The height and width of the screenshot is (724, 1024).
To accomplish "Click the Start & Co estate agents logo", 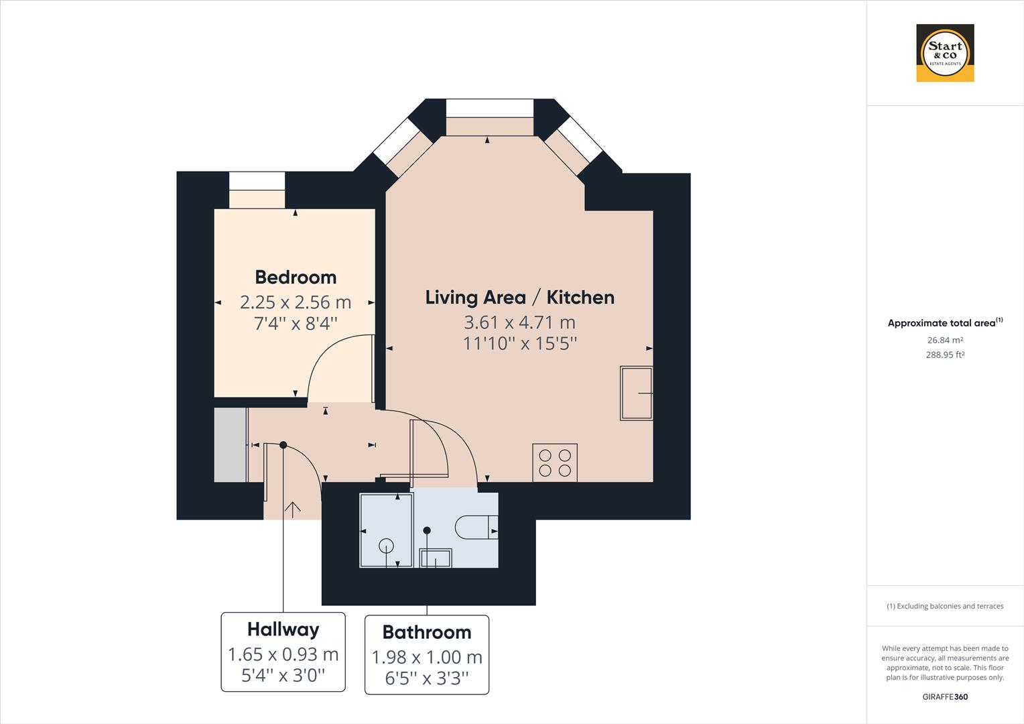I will (945, 53).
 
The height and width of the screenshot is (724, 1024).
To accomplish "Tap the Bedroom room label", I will (296, 277).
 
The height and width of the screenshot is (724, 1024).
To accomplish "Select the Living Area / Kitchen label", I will (519, 297).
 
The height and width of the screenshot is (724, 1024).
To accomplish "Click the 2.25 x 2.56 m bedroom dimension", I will (296, 302).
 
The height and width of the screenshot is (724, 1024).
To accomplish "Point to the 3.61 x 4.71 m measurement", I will (519, 322).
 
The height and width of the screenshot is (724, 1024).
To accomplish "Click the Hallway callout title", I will (283, 629).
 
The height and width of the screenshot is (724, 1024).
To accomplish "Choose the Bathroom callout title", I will (426, 632).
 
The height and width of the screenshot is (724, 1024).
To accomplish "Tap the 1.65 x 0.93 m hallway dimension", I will (283, 654).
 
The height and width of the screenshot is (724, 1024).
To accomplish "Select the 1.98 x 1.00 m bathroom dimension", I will (426, 657).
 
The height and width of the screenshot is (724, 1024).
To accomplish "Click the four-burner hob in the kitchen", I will (555, 463).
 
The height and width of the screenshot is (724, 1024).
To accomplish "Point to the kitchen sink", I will (636, 393).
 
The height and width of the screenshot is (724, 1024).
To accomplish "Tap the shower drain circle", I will (386, 546).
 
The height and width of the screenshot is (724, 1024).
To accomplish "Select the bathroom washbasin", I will (435, 558).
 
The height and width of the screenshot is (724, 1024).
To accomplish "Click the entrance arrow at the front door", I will (292, 509).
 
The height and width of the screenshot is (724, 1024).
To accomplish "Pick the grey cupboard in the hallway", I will (231, 444).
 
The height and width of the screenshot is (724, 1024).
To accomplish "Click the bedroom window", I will (257, 181).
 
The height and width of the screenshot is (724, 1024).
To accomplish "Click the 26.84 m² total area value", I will (945, 341).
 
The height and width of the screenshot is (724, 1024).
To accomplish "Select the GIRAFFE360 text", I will (945, 697).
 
